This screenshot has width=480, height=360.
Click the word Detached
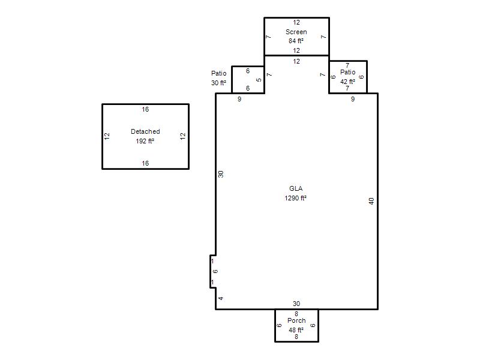(145, 131)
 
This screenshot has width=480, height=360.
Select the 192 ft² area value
(145, 141)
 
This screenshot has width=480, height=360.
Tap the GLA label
(296, 188)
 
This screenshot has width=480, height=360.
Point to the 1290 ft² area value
(295, 198)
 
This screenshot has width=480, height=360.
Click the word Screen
(296, 32)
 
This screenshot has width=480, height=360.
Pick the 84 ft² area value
(296, 41)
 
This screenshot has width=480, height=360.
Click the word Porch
(296, 320)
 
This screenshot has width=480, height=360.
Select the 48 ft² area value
(296, 330)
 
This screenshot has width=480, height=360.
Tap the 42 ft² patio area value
(348, 82)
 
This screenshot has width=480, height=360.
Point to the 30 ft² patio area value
(218, 83)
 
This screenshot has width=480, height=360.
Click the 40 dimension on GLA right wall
(371, 201)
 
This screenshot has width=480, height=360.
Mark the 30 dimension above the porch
(296, 304)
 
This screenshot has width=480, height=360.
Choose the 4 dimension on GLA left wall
(221, 298)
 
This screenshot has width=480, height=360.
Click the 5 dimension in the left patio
(259, 80)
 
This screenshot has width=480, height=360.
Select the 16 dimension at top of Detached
(145, 109)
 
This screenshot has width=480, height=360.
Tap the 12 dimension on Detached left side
(107, 136)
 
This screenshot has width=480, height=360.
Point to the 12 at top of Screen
(296, 22)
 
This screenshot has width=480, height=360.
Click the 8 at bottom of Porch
(296, 337)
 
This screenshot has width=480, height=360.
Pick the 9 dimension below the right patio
(353, 99)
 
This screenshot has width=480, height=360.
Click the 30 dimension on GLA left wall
(221, 174)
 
